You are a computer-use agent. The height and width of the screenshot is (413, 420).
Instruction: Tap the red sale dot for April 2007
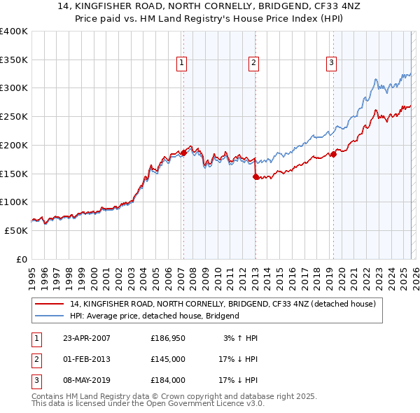point(183,152)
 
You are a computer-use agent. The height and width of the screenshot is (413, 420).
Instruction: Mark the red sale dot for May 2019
point(333,154)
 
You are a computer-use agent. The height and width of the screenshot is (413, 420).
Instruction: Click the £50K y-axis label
point(16,230)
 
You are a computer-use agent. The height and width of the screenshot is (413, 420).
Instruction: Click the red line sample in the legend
point(50,304)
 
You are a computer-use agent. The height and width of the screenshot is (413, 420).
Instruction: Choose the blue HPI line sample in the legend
point(50,316)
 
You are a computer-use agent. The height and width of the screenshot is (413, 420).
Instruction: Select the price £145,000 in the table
point(167,359)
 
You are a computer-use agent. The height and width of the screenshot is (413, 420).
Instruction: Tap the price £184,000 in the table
point(167,380)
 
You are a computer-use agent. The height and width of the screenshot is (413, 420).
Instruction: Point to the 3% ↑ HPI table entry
point(241,338)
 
